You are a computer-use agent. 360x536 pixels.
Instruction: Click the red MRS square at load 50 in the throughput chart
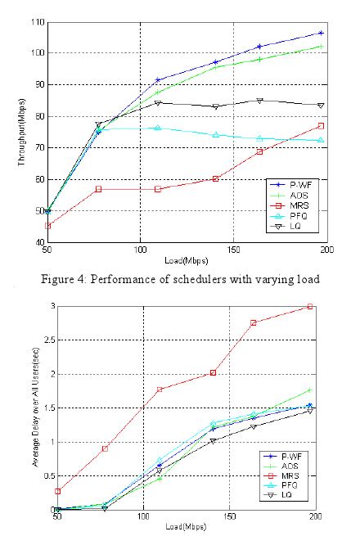pos(47,225)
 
